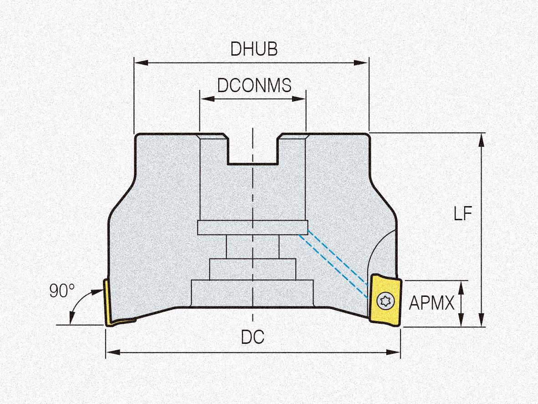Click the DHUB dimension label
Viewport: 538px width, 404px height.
click(x=254, y=49)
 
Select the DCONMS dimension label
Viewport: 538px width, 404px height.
click(x=254, y=85)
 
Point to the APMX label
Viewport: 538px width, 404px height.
click(x=431, y=303)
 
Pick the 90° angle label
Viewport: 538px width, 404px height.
click(x=62, y=291)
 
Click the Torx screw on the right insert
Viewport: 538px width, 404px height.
click(x=384, y=301)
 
